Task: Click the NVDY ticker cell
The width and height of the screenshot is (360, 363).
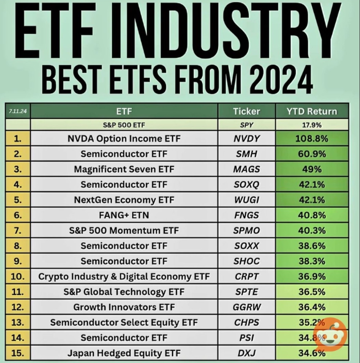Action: tap(247, 139)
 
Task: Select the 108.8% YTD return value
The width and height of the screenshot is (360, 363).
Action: tap(312, 139)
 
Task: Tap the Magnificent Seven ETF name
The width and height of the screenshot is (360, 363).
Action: tap(124, 169)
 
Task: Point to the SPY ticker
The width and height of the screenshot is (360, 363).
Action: tap(247, 125)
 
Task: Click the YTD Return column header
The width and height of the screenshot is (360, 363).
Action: tap(312, 111)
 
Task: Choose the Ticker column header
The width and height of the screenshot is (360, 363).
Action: tap(247, 111)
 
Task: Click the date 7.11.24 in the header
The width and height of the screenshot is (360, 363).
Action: tap(18, 111)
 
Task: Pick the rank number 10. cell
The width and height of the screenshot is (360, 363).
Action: tap(18, 277)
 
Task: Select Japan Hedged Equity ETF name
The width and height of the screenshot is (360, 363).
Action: tap(124, 353)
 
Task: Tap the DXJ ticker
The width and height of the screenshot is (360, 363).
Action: tap(247, 353)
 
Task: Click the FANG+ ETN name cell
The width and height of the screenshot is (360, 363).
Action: tap(124, 215)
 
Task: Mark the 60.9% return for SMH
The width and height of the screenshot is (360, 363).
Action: tap(312, 154)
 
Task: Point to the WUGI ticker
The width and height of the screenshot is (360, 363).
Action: tap(247, 200)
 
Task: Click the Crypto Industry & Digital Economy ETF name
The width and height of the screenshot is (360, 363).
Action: tap(124, 277)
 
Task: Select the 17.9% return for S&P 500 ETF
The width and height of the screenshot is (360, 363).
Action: tap(312, 125)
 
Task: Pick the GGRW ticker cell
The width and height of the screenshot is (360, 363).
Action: tap(247, 307)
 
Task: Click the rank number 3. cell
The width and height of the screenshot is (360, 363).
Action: tap(18, 169)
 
